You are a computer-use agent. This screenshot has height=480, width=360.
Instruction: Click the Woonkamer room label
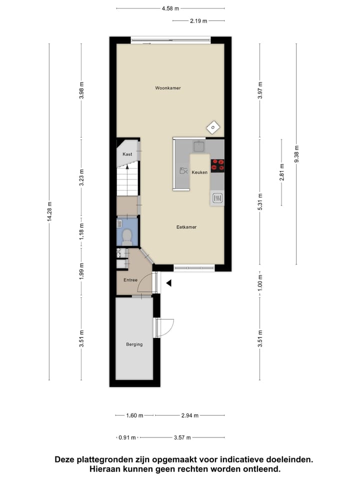click(x=167, y=88)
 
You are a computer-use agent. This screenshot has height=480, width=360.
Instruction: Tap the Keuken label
click(x=199, y=172)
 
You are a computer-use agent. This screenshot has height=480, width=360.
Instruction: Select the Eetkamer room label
click(x=186, y=227)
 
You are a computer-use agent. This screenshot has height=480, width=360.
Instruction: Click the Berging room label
click(x=134, y=344)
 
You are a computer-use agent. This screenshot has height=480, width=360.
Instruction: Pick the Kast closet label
click(x=127, y=154)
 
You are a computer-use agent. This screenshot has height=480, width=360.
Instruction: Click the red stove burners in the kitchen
click(x=217, y=165)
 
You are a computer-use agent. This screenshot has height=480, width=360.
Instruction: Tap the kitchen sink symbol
click(x=199, y=146)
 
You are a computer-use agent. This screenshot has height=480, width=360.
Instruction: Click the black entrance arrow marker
click(x=169, y=283)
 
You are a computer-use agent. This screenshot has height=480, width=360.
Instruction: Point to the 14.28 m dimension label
click(x=49, y=211)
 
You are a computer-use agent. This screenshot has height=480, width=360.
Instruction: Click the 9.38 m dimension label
click(x=296, y=154)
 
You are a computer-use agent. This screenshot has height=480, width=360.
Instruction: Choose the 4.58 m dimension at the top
click(x=170, y=8)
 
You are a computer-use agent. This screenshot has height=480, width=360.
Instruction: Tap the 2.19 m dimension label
click(x=198, y=21)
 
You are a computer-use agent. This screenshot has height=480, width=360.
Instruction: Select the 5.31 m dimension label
click(x=259, y=201)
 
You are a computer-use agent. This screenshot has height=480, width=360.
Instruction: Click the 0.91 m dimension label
click(x=127, y=437)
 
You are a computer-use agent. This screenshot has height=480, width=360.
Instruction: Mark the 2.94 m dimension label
click(x=189, y=415)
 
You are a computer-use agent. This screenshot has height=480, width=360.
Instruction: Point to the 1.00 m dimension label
click(x=259, y=283)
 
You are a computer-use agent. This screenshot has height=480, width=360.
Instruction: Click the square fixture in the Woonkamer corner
click(x=212, y=128)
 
